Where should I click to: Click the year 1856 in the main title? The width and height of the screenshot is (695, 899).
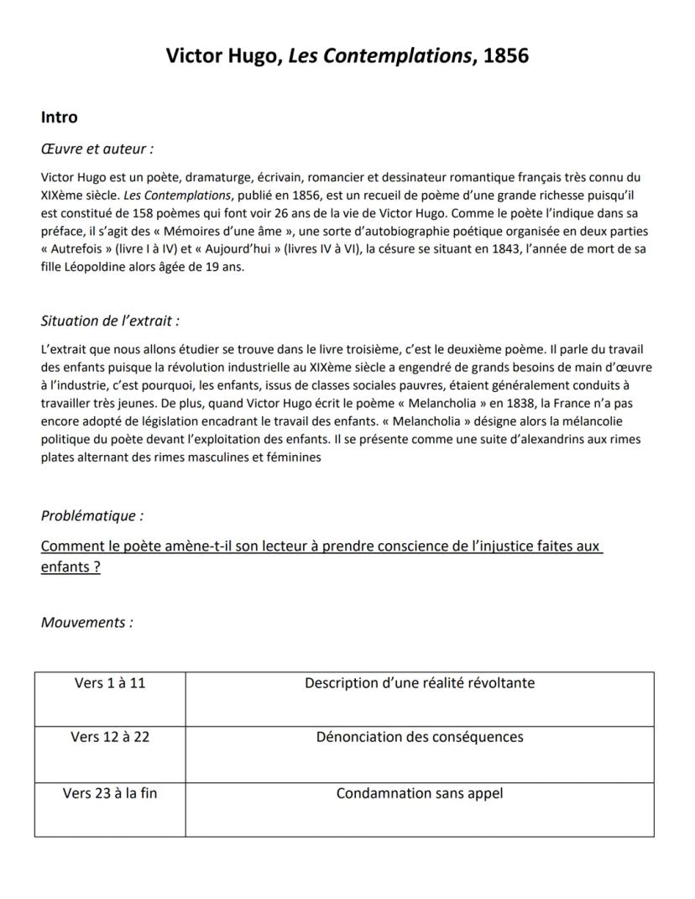coord(507,56)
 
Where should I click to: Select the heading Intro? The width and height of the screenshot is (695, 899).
coord(59,118)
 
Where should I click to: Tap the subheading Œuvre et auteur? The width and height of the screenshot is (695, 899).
coord(97,149)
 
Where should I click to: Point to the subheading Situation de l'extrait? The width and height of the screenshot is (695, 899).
coord(110,321)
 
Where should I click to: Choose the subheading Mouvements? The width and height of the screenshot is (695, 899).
coord(86,622)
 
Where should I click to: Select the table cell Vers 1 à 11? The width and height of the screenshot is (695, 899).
coord(110,682)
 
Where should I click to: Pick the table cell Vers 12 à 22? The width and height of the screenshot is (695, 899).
coord(110,737)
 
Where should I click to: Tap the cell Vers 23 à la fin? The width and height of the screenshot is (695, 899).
coord(110,792)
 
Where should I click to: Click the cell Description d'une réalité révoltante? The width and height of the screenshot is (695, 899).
coord(420,682)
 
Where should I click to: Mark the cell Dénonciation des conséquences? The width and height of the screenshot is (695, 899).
coord(420,737)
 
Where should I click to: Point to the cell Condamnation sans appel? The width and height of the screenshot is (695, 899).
coord(420,792)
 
